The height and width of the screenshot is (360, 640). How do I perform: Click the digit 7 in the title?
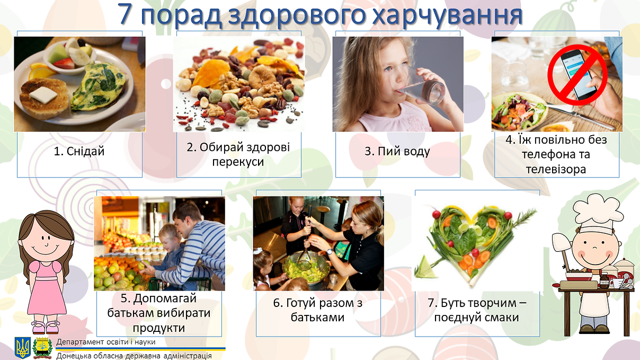(x=125, y=14)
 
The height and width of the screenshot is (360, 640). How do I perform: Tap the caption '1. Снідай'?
(x=79, y=151)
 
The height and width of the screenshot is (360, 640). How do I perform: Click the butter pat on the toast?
(x=43, y=95)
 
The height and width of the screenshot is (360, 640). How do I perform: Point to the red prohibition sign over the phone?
(x=577, y=75)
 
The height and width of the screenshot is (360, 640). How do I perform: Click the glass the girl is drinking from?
(x=422, y=85)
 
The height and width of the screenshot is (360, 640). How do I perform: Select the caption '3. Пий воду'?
(x=397, y=151)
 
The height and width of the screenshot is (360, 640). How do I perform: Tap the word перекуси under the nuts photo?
(x=238, y=162)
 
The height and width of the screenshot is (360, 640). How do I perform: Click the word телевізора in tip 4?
(x=556, y=169)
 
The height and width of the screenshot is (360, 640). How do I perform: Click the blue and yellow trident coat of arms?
(x=23, y=348)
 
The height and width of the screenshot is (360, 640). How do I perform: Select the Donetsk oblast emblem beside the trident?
(x=42, y=348)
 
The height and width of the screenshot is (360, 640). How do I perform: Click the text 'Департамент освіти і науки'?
(x=106, y=341)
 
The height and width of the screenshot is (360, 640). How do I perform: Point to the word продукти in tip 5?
(x=159, y=328)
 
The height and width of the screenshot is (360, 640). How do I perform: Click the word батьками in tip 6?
(x=318, y=318)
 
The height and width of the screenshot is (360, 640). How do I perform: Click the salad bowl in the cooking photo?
(x=306, y=267)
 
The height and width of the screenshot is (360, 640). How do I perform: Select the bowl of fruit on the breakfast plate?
(x=70, y=56)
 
